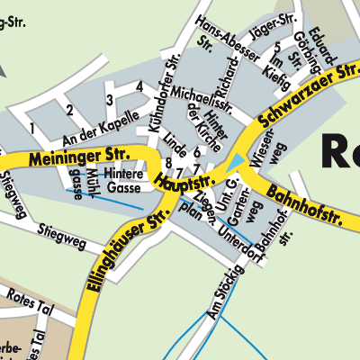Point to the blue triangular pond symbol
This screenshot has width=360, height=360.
tap(235, 162)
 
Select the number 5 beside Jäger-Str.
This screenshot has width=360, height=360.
tap(278, 45)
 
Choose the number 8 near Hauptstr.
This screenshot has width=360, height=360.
tap(168, 162)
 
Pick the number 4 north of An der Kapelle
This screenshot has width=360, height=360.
tap(139, 86)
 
